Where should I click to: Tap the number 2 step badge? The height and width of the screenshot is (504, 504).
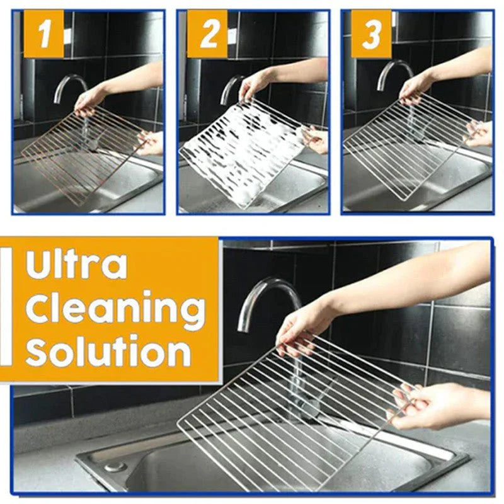tap(207, 35)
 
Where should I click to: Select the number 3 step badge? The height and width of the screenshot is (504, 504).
tap(372, 35)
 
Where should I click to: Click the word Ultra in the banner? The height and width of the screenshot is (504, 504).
tap(76, 265)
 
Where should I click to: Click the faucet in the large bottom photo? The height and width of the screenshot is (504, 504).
tap(265, 296)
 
